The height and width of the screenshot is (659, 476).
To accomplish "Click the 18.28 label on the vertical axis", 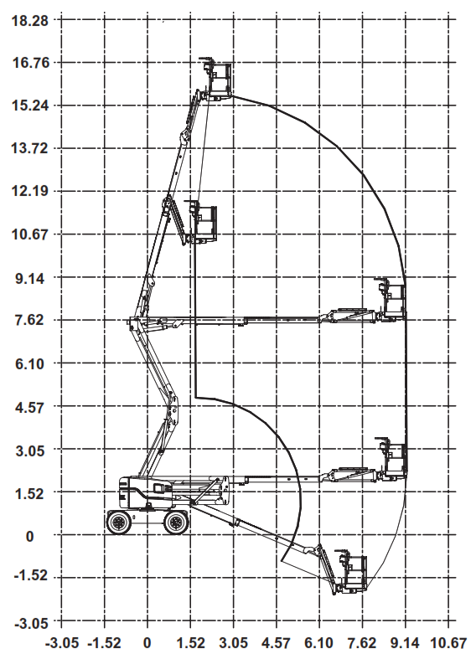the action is coord(30,21).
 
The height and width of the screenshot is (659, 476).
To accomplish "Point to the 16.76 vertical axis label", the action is coord(30,63).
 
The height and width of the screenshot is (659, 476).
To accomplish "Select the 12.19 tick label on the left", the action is coord(30,191).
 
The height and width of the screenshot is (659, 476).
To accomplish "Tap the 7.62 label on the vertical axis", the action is coord(30,320).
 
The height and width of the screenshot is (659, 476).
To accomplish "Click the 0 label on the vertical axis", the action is coord(29,537).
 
